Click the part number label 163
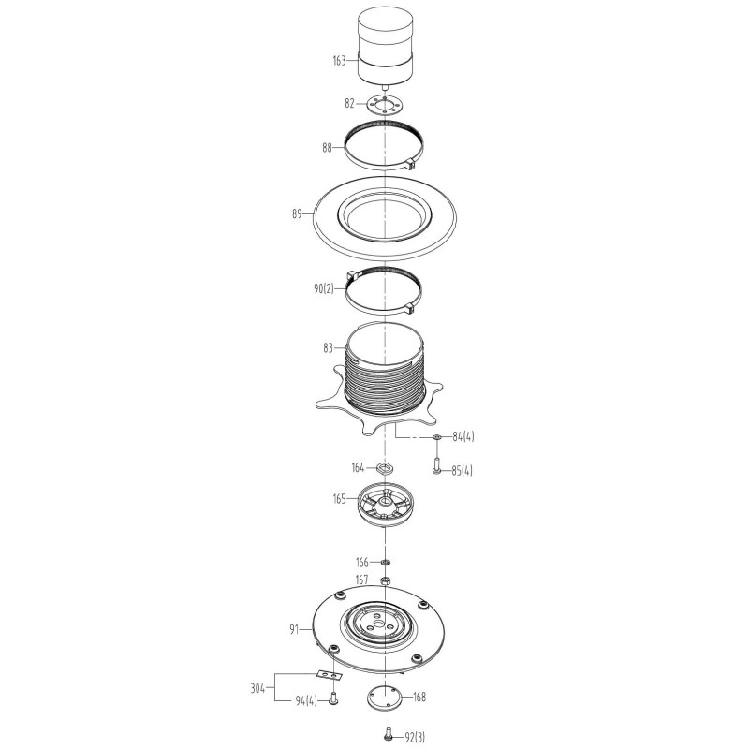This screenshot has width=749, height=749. coord(339,61)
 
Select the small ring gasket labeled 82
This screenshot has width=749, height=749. coord(385,105)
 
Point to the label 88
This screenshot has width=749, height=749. coord(327,148)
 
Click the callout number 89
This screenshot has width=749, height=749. coord(297,214)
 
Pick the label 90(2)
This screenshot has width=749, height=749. coord(324,289)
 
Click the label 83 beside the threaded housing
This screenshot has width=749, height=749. coord(328,348)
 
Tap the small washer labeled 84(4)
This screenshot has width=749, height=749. coord(436,437)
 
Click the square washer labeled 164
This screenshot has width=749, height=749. coord(385,467)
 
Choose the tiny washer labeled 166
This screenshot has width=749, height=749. coord(386,562)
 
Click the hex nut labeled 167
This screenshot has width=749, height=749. coord(385,580)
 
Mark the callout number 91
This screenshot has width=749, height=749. coord(294,629)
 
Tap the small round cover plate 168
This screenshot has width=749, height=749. coord(384,698)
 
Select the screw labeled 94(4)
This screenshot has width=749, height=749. coord(333,699)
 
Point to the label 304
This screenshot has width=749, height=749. coord(257,689)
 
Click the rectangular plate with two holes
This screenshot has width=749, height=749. coord(330,674)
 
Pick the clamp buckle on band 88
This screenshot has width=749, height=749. coord(411,164)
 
